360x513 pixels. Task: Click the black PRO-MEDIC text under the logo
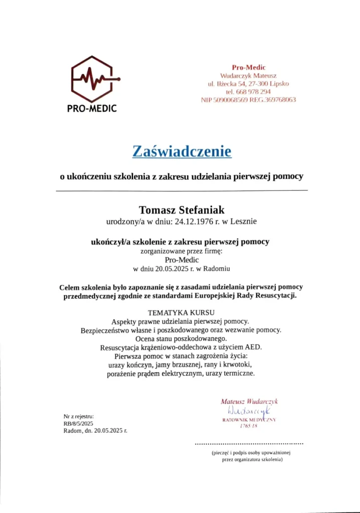point(92,109)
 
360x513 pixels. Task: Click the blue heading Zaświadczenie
point(182,151)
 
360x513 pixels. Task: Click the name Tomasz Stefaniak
point(182,209)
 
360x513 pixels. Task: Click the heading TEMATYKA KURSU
point(182,312)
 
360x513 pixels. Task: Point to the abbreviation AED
point(253,347)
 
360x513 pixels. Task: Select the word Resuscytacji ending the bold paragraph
point(274,296)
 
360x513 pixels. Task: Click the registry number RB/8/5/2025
point(78,423)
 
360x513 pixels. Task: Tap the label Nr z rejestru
point(79,416)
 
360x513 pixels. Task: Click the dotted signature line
point(249,444)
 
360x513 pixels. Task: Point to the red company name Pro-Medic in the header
point(249,68)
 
